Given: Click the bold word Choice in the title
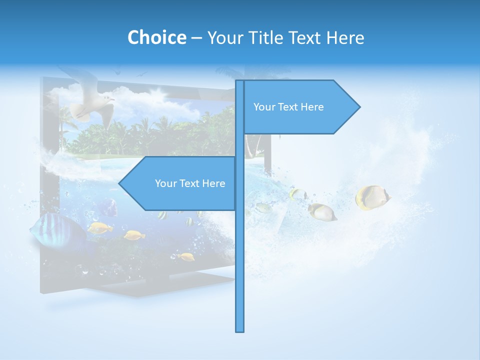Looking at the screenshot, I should coord(156,37).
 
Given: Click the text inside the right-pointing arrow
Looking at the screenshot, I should coord(288,107).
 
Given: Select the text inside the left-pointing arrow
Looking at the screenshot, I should coord(190,183).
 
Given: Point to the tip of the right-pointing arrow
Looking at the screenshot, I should coord(359,106).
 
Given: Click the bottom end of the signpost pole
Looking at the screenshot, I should coord(240,330).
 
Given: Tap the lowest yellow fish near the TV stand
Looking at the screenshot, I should coord(186,256).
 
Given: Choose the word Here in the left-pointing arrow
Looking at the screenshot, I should coord(213,183).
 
